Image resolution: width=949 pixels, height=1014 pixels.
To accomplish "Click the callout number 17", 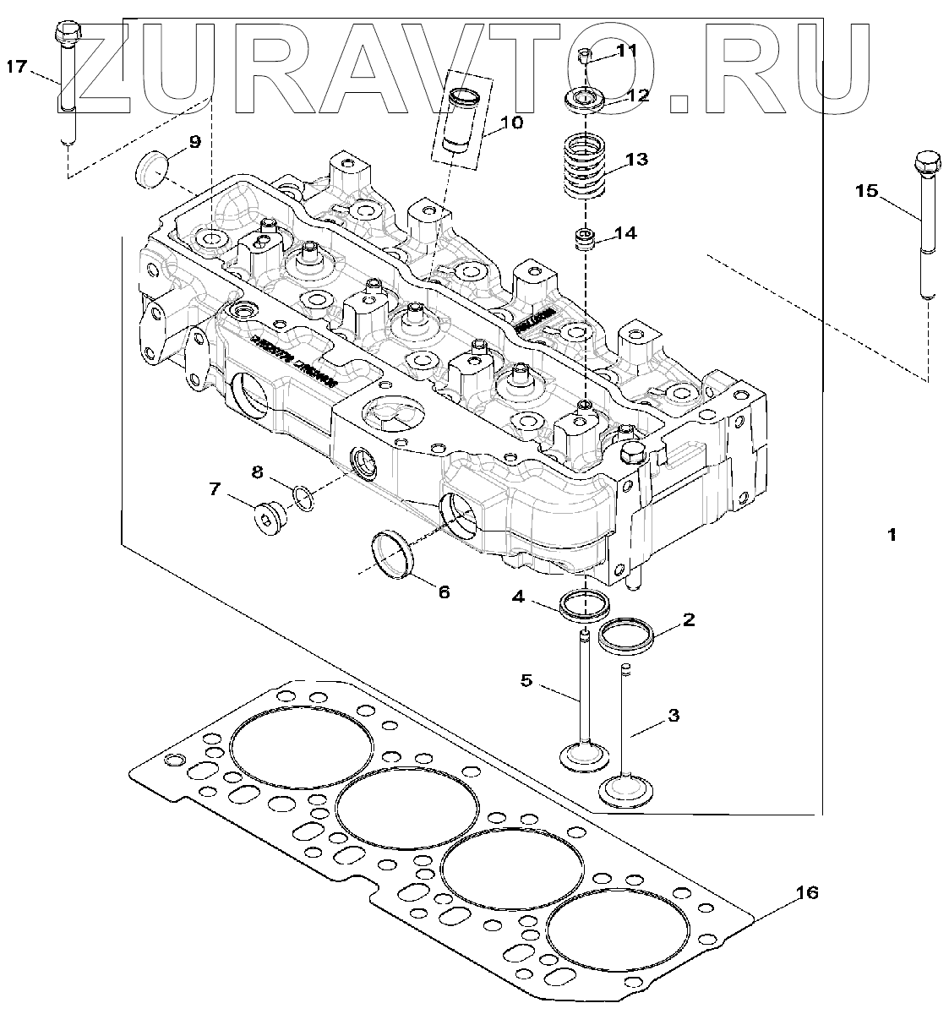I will [x=18, y=67].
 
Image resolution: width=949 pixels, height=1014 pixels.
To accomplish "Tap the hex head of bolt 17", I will [x=66, y=34].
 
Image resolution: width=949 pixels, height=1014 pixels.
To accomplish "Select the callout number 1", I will [x=891, y=534].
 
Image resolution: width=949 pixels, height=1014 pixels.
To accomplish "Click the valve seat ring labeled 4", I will [x=584, y=604].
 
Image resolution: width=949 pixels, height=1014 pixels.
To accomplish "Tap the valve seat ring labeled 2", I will [x=629, y=635].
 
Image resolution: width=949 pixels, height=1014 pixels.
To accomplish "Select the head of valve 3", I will [x=623, y=789].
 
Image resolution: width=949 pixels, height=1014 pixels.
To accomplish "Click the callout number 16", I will [x=807, y=892].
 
